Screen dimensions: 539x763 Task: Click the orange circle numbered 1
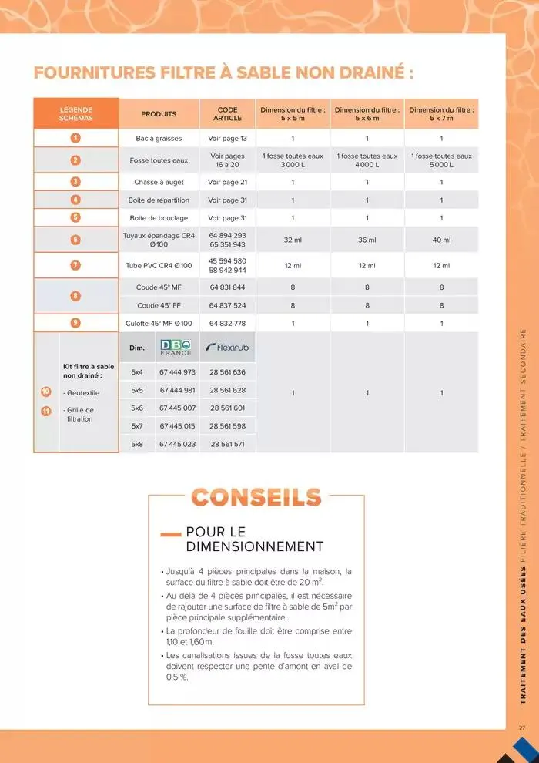click(x=75, y=138)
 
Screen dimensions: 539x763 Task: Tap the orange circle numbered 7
click(x=75, y=265)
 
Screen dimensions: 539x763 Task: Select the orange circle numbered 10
click(x=45, y=392)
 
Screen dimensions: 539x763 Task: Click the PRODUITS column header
click(x=159, y=114)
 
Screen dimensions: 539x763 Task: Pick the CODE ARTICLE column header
click(x=227, y=114)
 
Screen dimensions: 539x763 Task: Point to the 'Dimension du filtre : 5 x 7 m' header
click(x=441, y=114)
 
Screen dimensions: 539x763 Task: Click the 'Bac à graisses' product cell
click(x=159, y=138)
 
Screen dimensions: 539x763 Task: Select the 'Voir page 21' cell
click(x=227, y=182)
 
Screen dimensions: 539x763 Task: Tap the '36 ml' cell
click(x=367, y=240)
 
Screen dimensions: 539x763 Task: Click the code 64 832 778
click(x=227, y=323)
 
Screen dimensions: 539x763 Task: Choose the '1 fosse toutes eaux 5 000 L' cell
click(x=441, y=160)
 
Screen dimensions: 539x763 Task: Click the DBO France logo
click(x=177, y=348)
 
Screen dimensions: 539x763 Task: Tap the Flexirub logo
click(x=227, y=348)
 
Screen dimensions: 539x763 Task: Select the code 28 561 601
click(x=227, y=408)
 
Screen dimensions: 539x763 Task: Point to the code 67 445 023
click(x=177, y=444)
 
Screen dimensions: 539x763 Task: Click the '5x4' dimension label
click(x=137, y=371)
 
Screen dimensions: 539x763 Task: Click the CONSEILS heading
click(x=256, y=497)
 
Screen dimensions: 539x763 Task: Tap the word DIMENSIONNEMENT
click(x=255, y=546)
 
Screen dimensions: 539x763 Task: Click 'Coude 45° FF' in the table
click(x=159, y=305)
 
